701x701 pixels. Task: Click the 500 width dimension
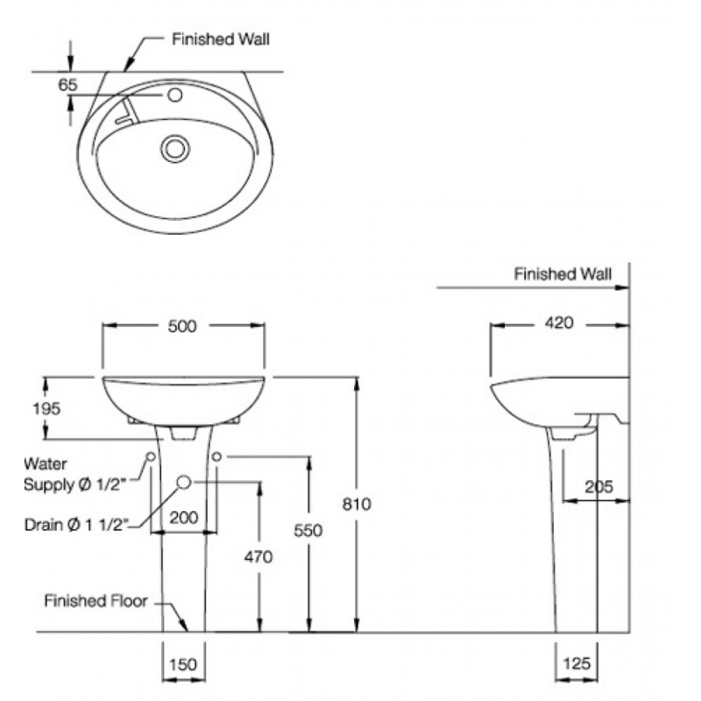pyautogui.click(x=182, y=325)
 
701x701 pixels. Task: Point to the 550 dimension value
pyautogui.click(x=309, y=530)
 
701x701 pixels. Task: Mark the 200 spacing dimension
pyautogui.click(x=183, y=518)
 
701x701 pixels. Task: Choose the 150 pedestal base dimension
pyautogui.click(x=182, y=665)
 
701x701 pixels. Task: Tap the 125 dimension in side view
pyautogui.click(x=577, y=664)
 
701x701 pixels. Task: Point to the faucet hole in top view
pyautogui.click(x=173, y=94)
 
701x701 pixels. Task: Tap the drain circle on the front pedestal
pyautogui.click(x=184, y=481)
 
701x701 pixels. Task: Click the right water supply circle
pyautogui.click(x=216, y=457)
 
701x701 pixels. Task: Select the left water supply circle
pyautogui.click(x=151, y=457)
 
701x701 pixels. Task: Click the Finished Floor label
pyautogui.click(x=96, y=601)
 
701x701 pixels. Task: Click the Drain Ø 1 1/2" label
pyautogui.click(x=77, y=524)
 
